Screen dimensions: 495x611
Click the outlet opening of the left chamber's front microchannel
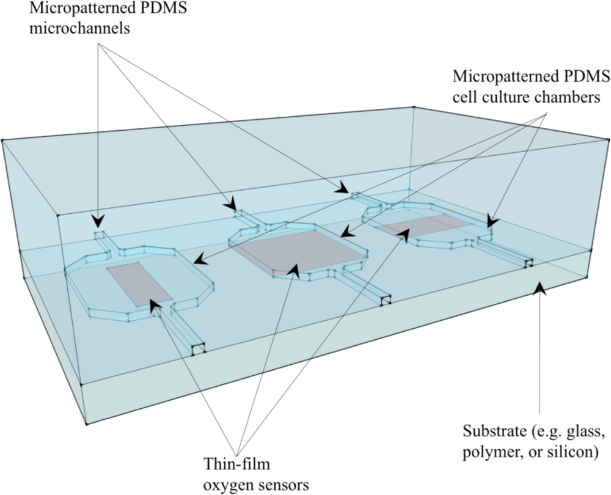tap(197, 350)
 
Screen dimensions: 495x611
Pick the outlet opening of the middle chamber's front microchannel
tap(384, 301)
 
